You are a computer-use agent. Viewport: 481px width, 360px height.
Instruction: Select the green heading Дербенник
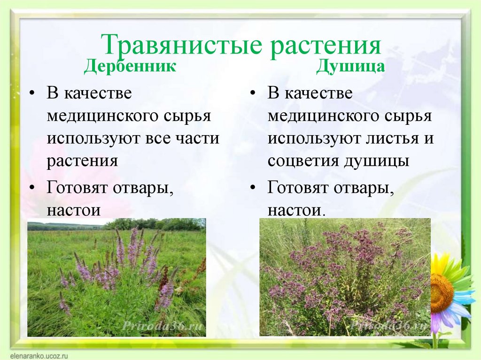pos(130,66)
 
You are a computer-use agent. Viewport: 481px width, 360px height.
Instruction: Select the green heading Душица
pos(350,66)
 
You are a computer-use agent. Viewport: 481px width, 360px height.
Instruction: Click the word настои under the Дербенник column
pos(74,210)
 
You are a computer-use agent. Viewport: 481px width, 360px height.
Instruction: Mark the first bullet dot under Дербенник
pos(32,93)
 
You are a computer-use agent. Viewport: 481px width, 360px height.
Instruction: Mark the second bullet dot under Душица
pos(253,187)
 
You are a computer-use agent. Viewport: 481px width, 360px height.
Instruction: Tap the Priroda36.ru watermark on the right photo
pos(388,326)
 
